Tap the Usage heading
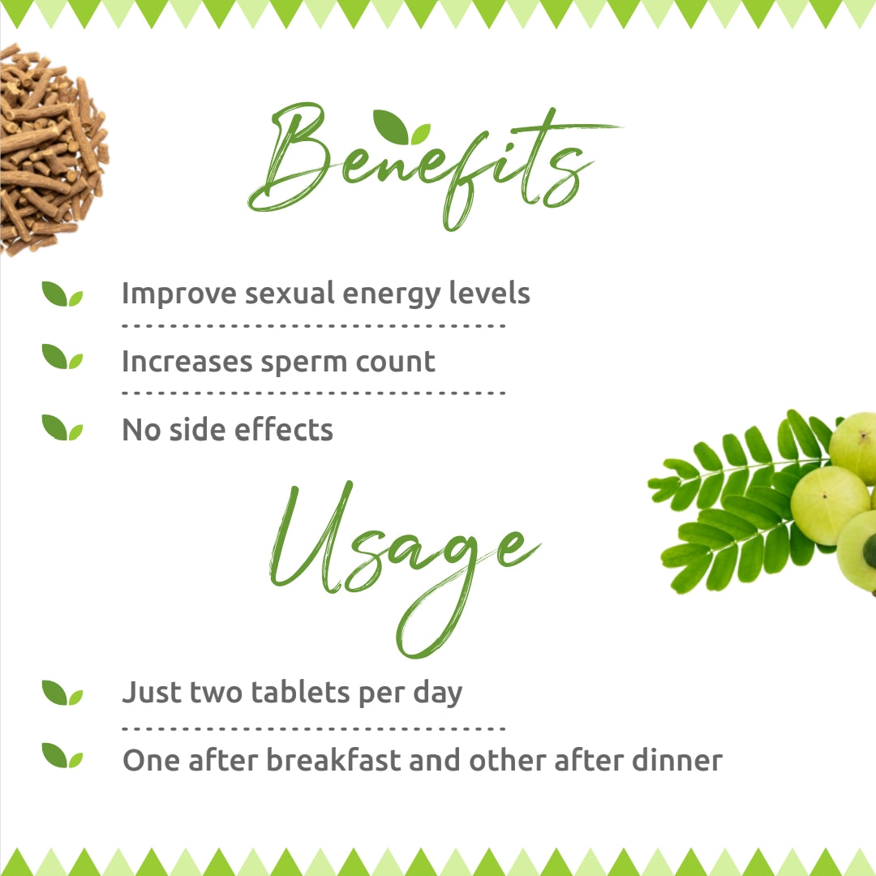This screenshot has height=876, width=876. coord(401,552)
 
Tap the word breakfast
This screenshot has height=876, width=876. coord(333,760)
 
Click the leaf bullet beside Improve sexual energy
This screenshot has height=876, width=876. coord(62,294)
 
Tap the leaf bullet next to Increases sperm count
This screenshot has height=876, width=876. coord(62,357)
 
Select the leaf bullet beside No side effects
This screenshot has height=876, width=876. coord(62,427)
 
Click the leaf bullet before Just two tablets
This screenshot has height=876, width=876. coord(62,693)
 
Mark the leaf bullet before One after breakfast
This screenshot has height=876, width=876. coord(62,756)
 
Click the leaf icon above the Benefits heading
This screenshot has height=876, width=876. coord(401,127)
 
